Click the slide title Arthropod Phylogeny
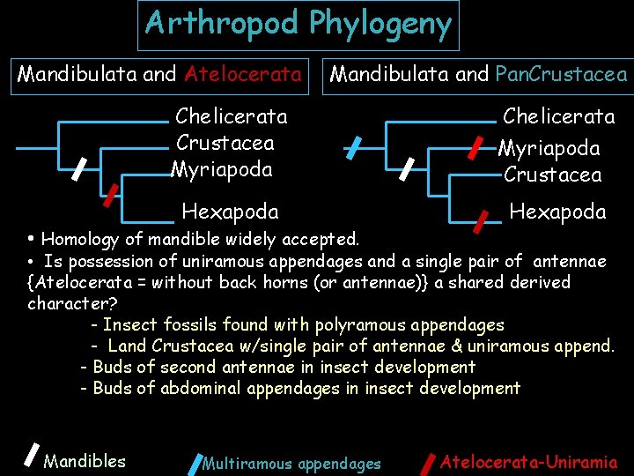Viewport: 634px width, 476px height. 299,24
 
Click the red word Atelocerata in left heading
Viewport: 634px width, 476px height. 242,74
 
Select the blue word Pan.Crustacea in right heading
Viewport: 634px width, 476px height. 561,74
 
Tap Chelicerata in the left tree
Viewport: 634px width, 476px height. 232,116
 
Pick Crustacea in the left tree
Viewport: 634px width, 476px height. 225,143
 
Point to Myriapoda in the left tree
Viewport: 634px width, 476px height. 222,169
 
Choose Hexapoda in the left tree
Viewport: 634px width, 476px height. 230,212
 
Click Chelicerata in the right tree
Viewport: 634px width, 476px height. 558,116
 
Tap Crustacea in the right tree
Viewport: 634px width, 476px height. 553,175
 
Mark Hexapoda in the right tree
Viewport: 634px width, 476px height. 557,212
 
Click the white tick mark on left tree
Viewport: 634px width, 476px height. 78,167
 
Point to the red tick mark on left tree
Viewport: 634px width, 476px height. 111,195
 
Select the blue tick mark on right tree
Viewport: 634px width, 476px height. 352,147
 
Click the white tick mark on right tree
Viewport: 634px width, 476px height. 408,167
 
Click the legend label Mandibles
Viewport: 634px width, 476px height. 85,460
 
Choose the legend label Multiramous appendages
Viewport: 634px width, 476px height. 291,464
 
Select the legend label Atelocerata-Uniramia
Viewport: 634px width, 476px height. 528,461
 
